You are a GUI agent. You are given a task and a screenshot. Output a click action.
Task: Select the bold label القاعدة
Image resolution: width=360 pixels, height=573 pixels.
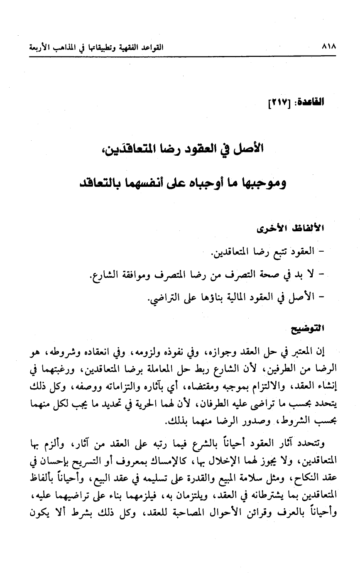tap(312, 100)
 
